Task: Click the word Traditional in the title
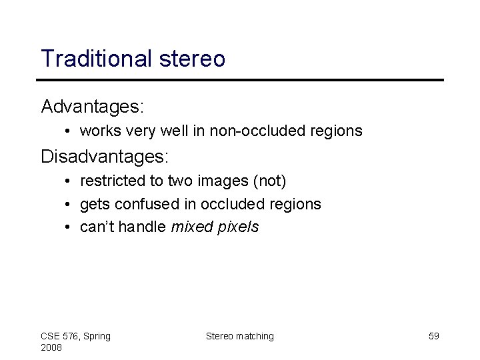(97, 59)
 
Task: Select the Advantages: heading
(93, 106)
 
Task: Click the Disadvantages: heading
(105, 157)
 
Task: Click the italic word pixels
(235, 227)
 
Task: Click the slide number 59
(433, 336)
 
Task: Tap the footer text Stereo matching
(239, 336)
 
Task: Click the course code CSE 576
(61, 336)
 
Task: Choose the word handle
(143, 227)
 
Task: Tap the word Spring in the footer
(96, 336)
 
